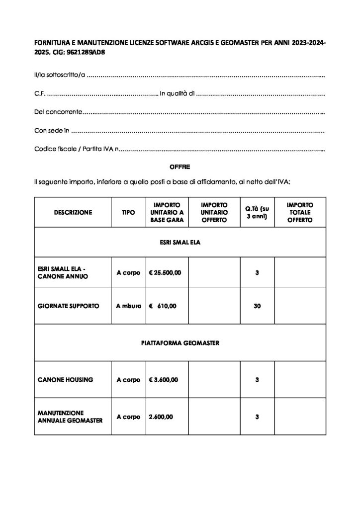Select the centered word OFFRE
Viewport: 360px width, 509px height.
(180, 167)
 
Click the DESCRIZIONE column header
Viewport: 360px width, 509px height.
(73, 212)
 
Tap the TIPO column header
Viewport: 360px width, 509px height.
(128, 212)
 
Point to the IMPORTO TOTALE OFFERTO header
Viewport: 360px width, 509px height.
(300, 212)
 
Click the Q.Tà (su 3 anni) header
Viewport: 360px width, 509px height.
(257, 212)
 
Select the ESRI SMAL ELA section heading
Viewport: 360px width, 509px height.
(180, 243)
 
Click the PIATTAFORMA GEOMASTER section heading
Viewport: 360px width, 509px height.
(180, 342)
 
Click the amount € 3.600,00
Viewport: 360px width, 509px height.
(163, 380)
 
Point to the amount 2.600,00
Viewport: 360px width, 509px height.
(160, 417)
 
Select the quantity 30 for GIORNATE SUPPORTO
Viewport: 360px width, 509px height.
(257, 306)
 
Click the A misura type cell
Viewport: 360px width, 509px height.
(128, 306)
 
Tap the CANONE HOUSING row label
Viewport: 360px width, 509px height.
(65, 380)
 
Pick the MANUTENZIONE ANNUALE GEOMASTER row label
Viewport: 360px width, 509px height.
(70, 417)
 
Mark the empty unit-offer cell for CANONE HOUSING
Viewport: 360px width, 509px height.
(214, 380)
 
